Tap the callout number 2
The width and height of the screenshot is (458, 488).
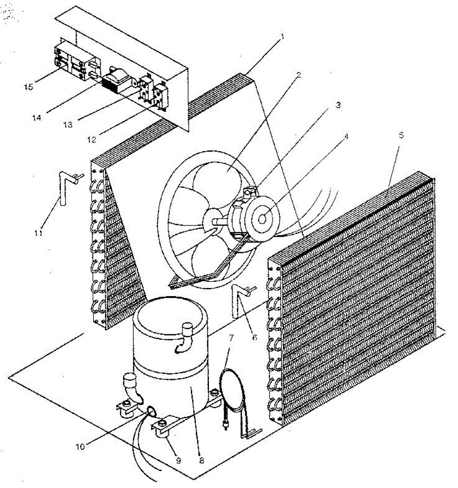[x=299, y=75]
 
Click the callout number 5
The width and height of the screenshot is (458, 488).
[x=401, y=135]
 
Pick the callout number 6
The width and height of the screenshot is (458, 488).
[x=254, y=337]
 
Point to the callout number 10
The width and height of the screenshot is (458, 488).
[x=80, y=447]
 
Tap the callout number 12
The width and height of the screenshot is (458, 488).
[x=92, y=139]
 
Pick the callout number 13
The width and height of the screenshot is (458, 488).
[x=68, y=124]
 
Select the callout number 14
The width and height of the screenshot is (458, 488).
[x=37, y=118]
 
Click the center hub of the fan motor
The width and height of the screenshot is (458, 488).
[x=262, y=219]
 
